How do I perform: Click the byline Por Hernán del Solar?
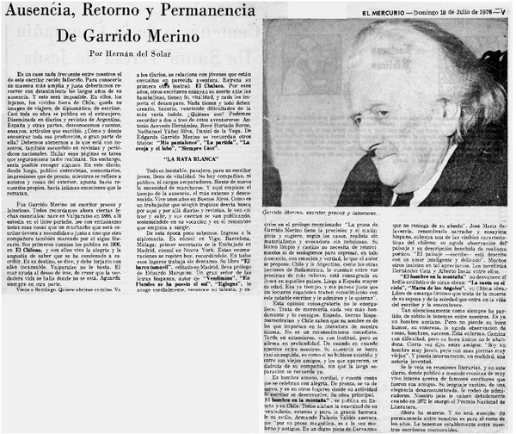coord(133,53)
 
